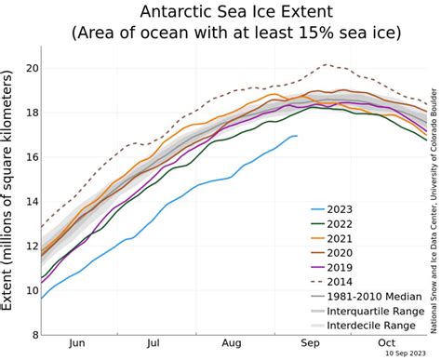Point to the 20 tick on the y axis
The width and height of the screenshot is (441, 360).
click(31, 68)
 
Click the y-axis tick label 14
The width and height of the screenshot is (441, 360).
click(31, 201)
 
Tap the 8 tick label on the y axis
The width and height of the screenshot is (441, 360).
click(34, 334)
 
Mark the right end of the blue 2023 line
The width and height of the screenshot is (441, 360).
click(297, 136)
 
